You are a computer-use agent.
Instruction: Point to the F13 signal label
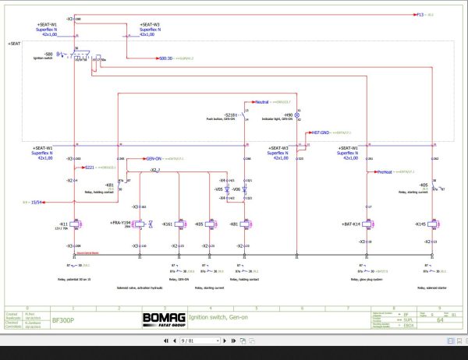click(x=420, y=14)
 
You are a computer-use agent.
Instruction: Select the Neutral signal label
click(x=261, y=101)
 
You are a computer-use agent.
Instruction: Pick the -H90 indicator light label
click(x=286, y=115)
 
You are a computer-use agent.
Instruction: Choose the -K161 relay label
click(x=167, y=224)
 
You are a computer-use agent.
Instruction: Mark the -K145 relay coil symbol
click(x=433, y=224)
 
